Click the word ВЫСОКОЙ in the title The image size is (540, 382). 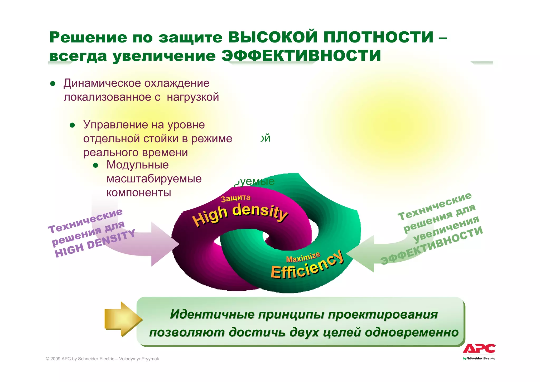[x=273, y=37]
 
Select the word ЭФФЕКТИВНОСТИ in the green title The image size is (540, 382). [x=301, y=56]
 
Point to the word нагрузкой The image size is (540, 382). [x=193, y=97]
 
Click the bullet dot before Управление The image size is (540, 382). [x=73, y=125]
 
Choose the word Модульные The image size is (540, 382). [x=137, y=165]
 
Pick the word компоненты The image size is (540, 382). [x=139, y=193]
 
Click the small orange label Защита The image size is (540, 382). [x=235, y=198]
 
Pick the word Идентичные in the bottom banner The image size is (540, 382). [x=212, y=314]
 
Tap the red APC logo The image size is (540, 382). [x=479, y=349]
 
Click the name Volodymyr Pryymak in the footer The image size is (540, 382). [x=139, y=359]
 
